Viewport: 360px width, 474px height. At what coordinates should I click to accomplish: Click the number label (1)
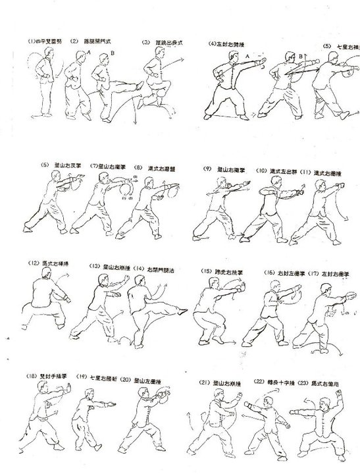coord(32,45)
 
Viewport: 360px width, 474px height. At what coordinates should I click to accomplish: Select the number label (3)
coord(145,45)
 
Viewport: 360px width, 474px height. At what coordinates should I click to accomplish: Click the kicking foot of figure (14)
coord(176,297)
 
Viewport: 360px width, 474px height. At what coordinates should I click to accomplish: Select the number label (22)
coord(258,382)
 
